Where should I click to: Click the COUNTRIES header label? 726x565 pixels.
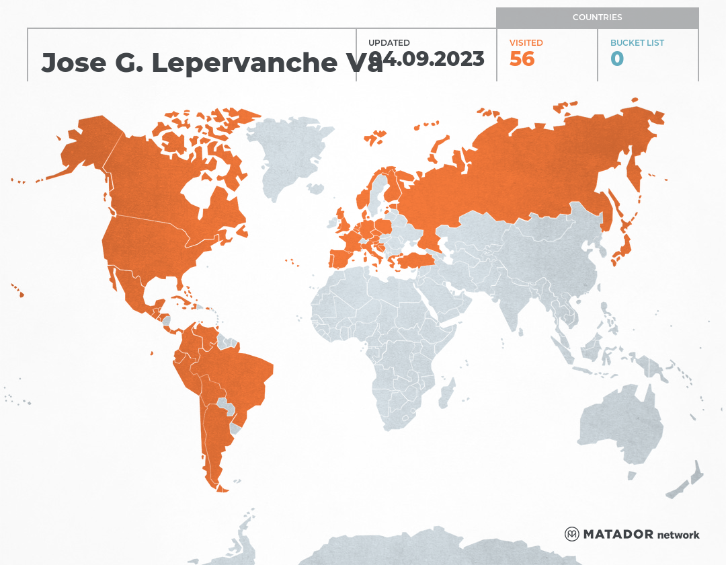(597, 17)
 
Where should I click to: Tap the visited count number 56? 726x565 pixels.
(522, 59)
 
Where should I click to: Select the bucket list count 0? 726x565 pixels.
(617, 59)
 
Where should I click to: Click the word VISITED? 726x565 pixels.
(526, 42)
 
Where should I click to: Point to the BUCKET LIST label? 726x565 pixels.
(637, 42)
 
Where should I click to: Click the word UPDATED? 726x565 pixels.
(389, 42)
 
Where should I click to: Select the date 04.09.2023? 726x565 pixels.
(430, 59)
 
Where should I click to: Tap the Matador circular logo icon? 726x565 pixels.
(572, 534)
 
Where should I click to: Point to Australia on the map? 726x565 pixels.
(618, 424)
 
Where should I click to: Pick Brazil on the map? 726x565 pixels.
(242, 377)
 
